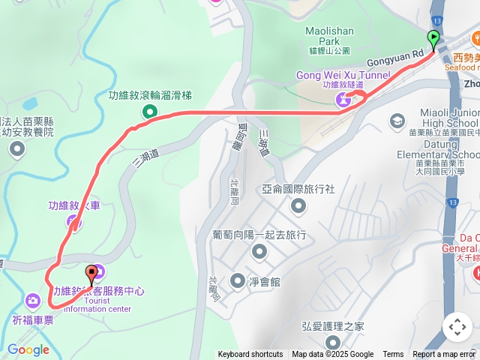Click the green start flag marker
[433, 38]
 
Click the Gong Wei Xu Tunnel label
[343, 75]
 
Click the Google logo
[28, 349]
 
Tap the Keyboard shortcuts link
[250, 355]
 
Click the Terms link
[393, 355]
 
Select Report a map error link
[444, 355]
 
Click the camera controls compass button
[457, 327]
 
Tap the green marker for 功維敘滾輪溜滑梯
[150, 112]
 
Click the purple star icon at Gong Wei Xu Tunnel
[343, 100]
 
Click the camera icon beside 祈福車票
[32, 301]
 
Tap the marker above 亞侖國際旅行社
[298, 205]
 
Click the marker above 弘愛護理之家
[333, 343]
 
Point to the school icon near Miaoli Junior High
[397, 121]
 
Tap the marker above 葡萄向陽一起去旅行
[259, 252]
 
